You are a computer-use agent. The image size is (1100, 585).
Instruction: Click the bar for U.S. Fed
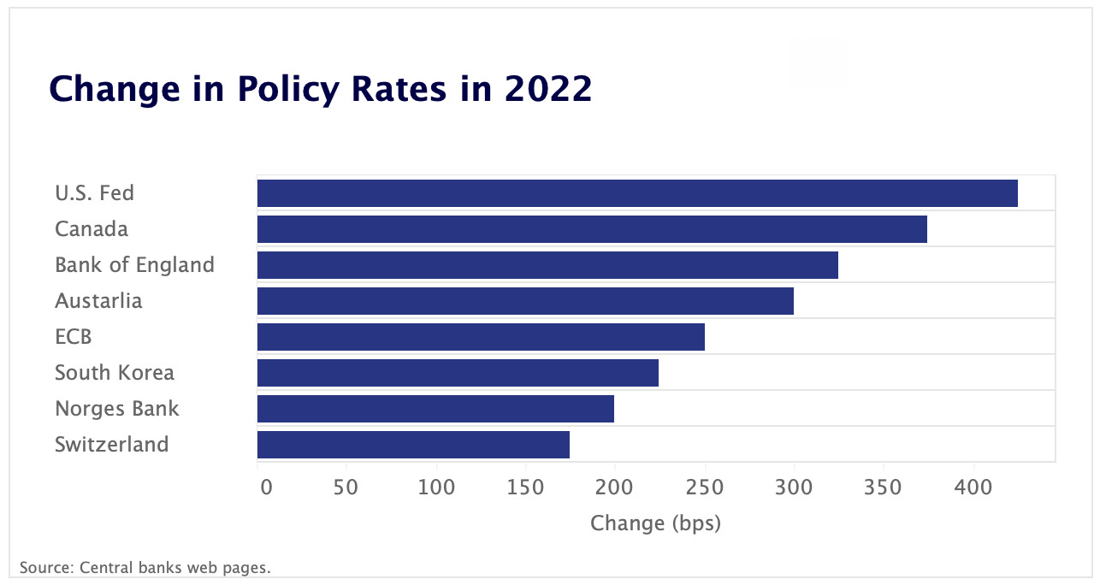click(x=637, y=193)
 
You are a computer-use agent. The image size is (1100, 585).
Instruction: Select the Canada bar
click(x=592, y=229)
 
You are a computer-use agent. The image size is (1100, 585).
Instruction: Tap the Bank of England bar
click(x=547, y=265)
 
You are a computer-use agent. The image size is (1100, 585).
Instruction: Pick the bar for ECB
click(x=481, y=337)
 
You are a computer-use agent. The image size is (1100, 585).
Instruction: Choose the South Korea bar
click(x=458, y=373)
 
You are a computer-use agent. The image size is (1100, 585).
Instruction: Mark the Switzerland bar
click(x=413, y=445)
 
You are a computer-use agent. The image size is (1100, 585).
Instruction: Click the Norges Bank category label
click(x=117, y=409)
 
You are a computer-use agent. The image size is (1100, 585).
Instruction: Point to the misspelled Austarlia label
click(x=98, y=301)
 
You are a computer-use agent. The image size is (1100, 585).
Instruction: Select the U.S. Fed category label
click(x=94, y=193)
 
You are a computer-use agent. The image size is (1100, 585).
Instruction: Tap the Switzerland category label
click(x=112, y=445)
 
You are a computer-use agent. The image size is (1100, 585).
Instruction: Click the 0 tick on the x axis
click(x=266, y=487)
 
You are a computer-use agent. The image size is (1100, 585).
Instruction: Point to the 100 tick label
click(x=436, y=487)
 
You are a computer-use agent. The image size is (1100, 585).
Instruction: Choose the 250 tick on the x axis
click(x=705, y=487)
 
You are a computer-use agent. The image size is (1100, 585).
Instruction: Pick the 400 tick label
click(x=973, y=487)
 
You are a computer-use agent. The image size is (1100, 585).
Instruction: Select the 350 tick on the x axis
click(x=884, y=487)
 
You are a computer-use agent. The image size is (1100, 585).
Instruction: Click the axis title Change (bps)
click(x=655, y=523)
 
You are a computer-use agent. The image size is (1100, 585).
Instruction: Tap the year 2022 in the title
click(x=547, y=89)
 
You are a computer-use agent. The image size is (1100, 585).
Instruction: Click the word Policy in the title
click(x=287, y=89)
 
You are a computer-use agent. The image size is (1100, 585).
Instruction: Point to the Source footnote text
click(x=145, y=567)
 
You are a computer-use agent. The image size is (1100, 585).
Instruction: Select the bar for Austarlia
click(x=525, y=301)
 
